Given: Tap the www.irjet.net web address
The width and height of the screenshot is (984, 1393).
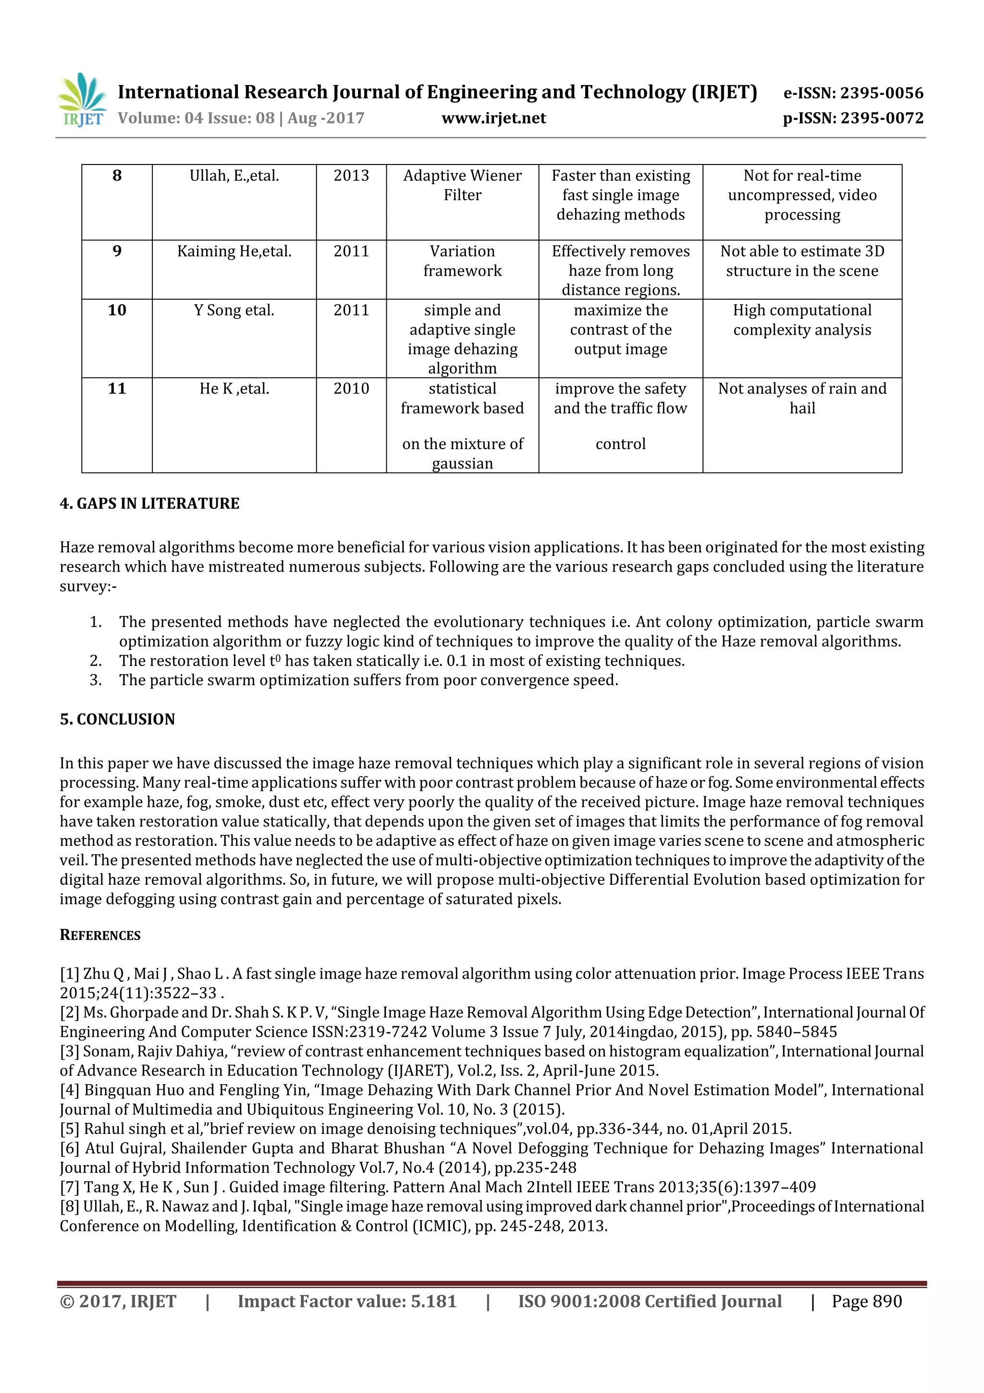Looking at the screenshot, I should pos(493,118).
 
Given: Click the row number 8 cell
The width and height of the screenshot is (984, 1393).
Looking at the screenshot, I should pos(117,176).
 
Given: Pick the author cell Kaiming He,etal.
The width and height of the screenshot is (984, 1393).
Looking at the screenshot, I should pos(234,251).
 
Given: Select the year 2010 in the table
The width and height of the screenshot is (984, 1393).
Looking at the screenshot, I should pos(351,389).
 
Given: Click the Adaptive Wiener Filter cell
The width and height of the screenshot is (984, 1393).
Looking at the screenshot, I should pos(462,185).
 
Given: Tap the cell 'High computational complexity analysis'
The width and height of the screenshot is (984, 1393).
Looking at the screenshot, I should pos(801,320).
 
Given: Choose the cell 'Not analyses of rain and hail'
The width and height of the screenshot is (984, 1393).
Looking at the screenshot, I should pos(801,398).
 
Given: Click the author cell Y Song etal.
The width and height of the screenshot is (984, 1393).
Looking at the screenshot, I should pos(234,310).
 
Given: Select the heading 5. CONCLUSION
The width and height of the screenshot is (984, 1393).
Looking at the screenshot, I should pos(117,719).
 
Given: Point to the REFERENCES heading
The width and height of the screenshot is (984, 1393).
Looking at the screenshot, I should pos(100,935).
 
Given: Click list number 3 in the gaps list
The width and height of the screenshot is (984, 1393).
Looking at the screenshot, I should pos(95,680).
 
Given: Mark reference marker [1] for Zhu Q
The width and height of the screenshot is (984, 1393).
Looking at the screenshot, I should pos(69,974).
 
